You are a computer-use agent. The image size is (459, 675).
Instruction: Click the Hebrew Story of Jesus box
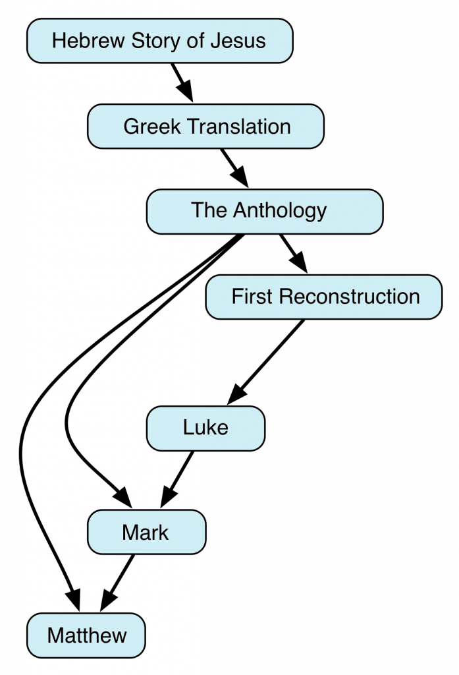[159, 41]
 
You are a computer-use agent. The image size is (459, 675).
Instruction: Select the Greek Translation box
[206, 126]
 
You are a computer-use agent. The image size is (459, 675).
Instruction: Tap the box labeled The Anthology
[264, 211]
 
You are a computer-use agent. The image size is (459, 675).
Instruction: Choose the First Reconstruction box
[323, 297]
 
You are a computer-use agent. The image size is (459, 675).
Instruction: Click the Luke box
[205, 428]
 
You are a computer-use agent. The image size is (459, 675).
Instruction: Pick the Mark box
[146, 532]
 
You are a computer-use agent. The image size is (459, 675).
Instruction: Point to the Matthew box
[86, 636]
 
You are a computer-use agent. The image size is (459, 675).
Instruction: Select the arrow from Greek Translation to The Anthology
[234, 167]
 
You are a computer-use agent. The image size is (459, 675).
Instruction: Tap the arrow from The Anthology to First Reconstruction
[294, 253]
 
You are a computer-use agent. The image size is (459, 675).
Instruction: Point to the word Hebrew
[82, 41]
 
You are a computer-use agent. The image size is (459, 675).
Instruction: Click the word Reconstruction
[350, 297]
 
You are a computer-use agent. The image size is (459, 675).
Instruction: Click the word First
[252, 297]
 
